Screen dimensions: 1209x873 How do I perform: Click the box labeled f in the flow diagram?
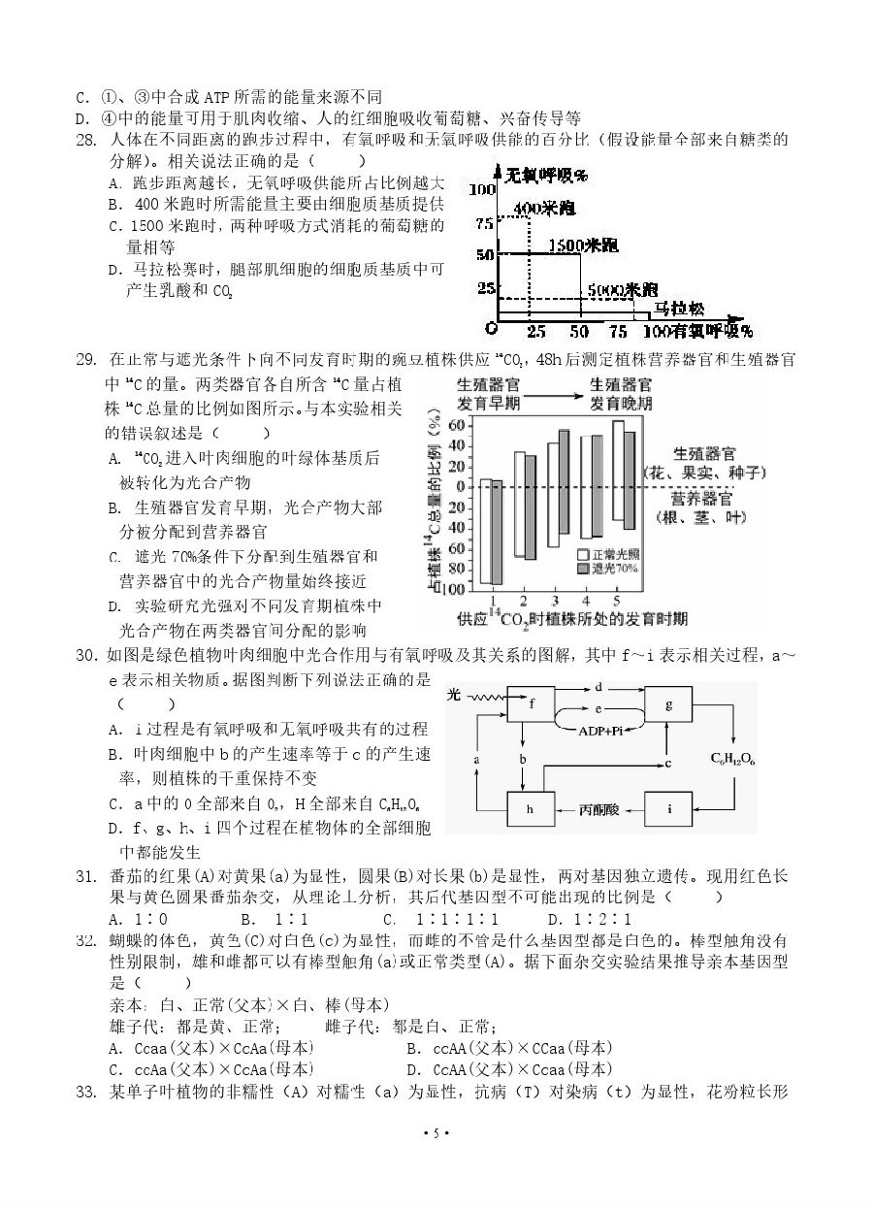point(532,704)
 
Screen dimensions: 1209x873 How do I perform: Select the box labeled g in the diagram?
point(669,705)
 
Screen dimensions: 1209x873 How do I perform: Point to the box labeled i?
point(669,808)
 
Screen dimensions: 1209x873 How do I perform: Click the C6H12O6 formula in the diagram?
point(733,758)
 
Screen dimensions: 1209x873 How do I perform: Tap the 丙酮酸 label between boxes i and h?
point(599,808)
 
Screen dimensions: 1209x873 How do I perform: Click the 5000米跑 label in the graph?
point(624,289)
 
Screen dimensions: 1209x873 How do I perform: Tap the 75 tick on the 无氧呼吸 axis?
point(484,222)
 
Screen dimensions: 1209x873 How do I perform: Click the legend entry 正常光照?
point(610,554)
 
